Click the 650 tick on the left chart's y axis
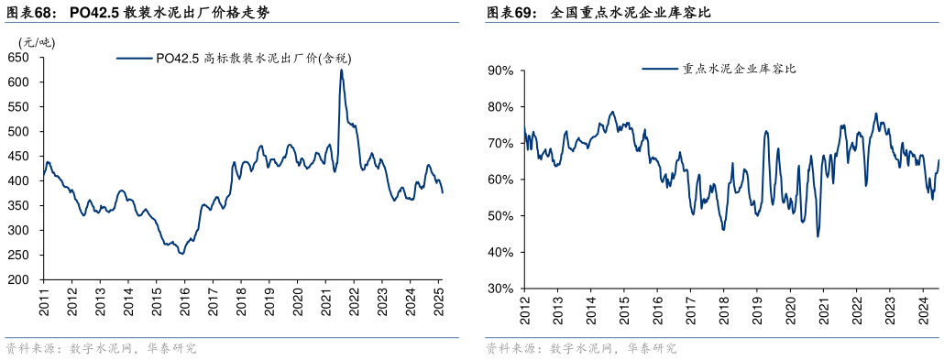(x=19, y=58)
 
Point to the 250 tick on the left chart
(x=19, y=256)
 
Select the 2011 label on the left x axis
(x=43, y=302)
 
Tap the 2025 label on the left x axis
(x=439, y=302)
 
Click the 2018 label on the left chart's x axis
(x=241, y=302)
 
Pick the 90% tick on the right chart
(x=500, y=70)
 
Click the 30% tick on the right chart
(x=500, y=289)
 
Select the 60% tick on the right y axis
(x=500, y=180)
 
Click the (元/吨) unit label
(x=36, y=41)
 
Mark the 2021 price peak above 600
(x=341, y=70)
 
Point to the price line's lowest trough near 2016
(x=181, y=253)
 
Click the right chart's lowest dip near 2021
(x=818, y=236)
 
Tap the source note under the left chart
(x=101, y=349)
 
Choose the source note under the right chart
(x=581, y=349)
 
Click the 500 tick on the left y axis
(x=19, y=132)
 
